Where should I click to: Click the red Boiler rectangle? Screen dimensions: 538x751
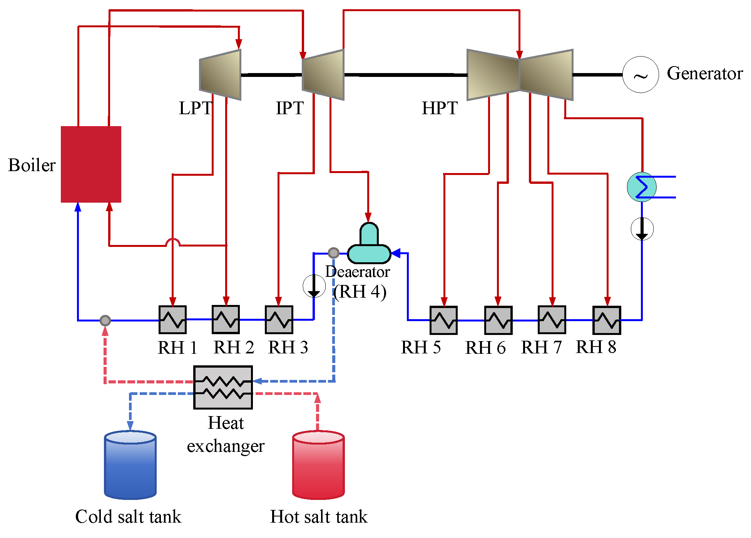click(91, 164)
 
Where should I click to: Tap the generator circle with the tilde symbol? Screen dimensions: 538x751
click(641, 75)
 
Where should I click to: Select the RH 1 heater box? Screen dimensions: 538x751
click(172, 320)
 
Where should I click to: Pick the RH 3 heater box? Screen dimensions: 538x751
click(279, 320)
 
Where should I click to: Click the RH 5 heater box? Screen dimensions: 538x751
click(443, 320)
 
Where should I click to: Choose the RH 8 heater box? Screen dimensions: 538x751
click(607, 320)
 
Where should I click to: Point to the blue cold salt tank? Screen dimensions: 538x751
click(130, 465)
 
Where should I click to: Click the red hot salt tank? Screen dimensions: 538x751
click(318, 465)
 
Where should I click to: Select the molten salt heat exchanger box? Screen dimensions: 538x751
click(223, 387)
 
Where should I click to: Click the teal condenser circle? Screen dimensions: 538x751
click(641, 187)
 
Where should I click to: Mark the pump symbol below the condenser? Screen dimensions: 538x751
click(642, 229)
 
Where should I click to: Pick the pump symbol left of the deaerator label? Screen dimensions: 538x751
click(314, 286)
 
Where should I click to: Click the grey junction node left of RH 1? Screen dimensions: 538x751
click(105, 320)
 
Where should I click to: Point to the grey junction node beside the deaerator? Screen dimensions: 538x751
click(333, 253)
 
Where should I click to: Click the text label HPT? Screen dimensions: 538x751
click(440, 108)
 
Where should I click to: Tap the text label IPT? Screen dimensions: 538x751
click(290, 108)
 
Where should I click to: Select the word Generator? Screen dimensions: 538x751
click(704, 73)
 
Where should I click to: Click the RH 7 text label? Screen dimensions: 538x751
click(541, 348)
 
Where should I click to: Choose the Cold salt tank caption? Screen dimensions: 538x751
click(128, 516)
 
